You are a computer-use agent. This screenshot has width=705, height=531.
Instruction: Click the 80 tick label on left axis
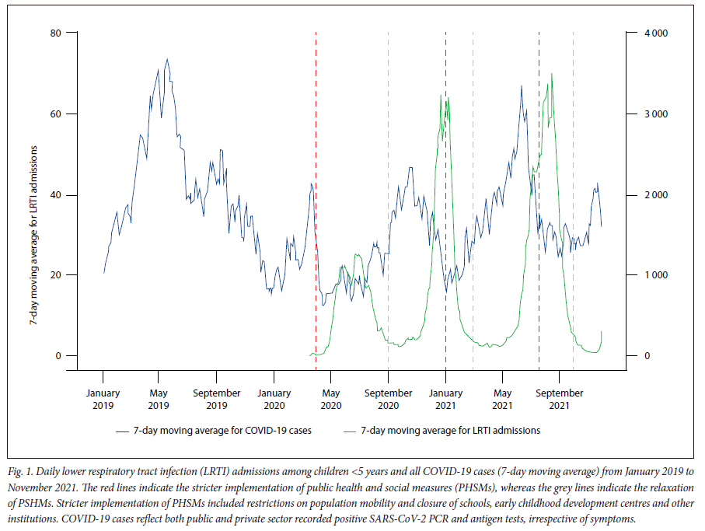pyautogui.click(x=55, y=33)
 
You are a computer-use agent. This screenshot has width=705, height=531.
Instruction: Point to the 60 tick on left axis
pyautogui.click(x=55, y=114)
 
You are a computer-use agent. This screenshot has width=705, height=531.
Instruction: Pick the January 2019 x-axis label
pyautogui.click(x=103, y=399)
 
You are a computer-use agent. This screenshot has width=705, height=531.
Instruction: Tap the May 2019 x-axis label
pyautogui.click(x=159, y=399)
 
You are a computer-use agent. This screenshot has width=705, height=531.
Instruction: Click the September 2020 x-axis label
pyautogui.click(x=389, y=399)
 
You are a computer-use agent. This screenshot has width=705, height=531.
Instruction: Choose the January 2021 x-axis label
pyautogui.click(x=445, y=399)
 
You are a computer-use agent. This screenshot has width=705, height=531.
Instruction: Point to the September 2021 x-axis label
pyautogui.click(x=560, y=399)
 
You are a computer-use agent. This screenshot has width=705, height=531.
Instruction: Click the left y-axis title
pyautogui.click(x=34, y=194)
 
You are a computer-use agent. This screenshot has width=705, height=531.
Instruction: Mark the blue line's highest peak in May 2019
pyautogui.click(x=167, y=59)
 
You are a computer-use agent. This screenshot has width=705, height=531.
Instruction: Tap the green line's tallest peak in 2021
pyautogui.click(x=552, y=75)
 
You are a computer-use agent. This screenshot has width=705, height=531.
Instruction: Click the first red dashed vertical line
pyautogui.click(x=316, y=194)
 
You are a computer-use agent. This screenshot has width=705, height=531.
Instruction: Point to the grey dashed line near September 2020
pyautogui.click(x=388, y=194)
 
